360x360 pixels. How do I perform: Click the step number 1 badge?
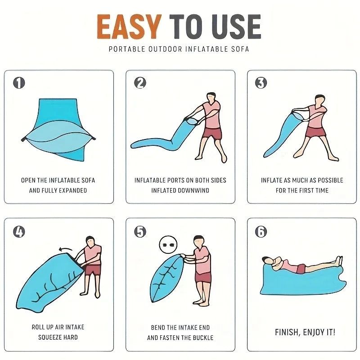click(x=19, y=83)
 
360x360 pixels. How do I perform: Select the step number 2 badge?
click(x=140, y=83)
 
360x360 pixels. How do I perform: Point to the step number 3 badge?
click(x=261, y=83)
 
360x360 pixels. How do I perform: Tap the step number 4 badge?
click(x=19, y=232)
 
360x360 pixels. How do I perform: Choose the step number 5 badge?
click(x=140, y=232)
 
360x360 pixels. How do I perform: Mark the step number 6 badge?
click(x=261, y=232)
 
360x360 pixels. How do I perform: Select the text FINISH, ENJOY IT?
click(x=305, y=333)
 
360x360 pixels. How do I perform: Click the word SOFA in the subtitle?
click(x=240, y=49)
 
